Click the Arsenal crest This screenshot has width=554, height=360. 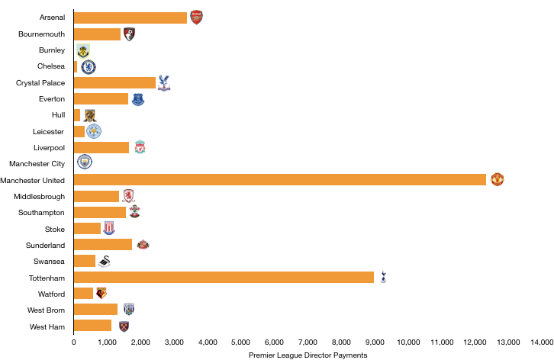pos(196,18)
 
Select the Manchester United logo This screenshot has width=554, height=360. pos(498,179)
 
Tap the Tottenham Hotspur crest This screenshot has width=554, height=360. pos(383,277)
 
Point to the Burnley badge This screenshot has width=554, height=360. pos(83,51)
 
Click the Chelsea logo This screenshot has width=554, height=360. pos(89,67)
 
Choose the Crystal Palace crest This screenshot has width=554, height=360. pos(164,82)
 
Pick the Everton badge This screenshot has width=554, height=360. pos(137,99)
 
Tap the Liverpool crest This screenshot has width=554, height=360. pos(140,146)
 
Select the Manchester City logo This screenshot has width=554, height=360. pos(85,162)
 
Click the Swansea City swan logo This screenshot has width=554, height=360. pos(104,261)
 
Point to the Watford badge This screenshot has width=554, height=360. pos(101,293)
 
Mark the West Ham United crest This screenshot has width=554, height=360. pos(124,326)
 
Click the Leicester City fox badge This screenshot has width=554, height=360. pos(94,131)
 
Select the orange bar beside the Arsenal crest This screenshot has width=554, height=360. pos(130,18)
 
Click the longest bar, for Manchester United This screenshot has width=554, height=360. pos(280,179)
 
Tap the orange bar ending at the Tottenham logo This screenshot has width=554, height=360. pos(224,277)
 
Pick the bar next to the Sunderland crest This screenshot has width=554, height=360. pos(103,244)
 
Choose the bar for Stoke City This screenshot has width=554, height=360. pos(87,228)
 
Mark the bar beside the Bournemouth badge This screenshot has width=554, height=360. pos(97,34)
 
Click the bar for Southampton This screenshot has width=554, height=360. pos(100,212)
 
